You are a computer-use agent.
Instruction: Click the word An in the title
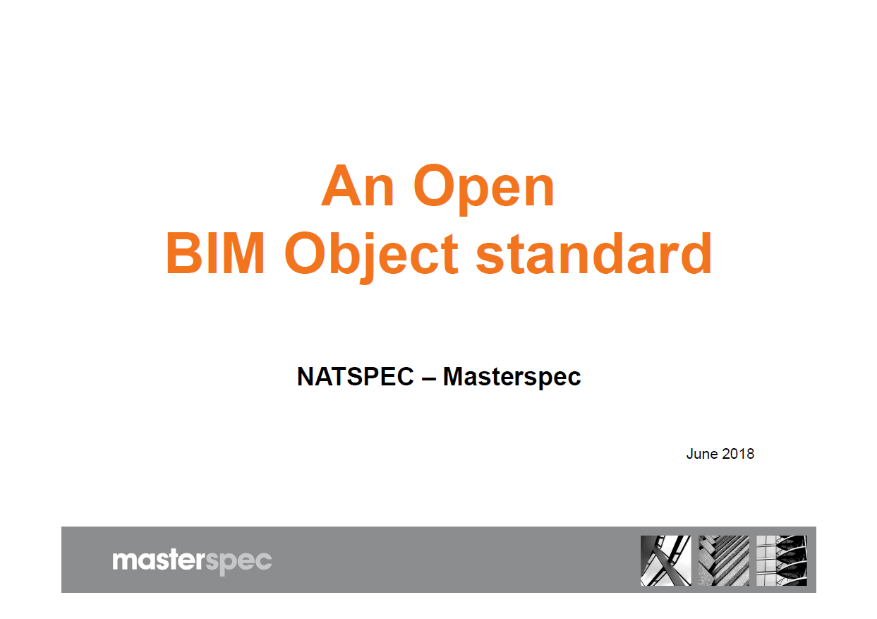358,186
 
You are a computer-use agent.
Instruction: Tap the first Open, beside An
484,189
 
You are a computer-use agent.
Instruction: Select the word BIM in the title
216,253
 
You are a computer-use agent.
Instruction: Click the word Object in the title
371,257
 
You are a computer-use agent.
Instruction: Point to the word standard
593,253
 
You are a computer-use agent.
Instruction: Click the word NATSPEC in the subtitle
356,376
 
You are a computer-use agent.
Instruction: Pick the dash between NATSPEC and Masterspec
429,379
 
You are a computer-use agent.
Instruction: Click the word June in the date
702,454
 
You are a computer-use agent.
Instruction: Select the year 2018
738,454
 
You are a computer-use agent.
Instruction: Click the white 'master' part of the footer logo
158,560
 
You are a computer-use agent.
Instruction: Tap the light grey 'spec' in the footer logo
238,563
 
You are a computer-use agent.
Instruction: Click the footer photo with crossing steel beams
665,560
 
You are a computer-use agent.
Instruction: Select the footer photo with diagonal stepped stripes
723,560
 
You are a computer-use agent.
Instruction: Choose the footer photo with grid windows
782,560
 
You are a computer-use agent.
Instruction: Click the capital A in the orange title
341,186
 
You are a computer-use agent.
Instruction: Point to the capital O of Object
306,253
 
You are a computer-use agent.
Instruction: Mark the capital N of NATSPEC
306,376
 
